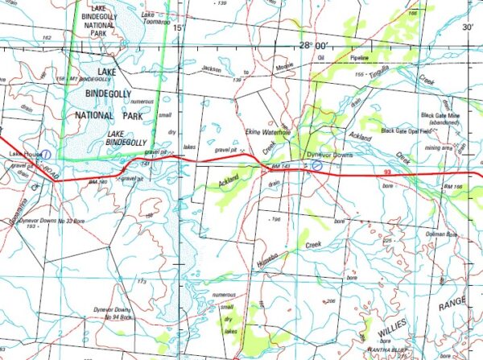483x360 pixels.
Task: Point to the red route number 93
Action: [x=388, y=172]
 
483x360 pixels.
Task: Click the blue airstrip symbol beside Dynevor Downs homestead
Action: [x=317, y=163]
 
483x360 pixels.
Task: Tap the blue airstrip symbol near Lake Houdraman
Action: [x=47, y=152]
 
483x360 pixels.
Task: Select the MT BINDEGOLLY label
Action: [x=91, y=80]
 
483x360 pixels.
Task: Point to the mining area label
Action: [x=438, y=147]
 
